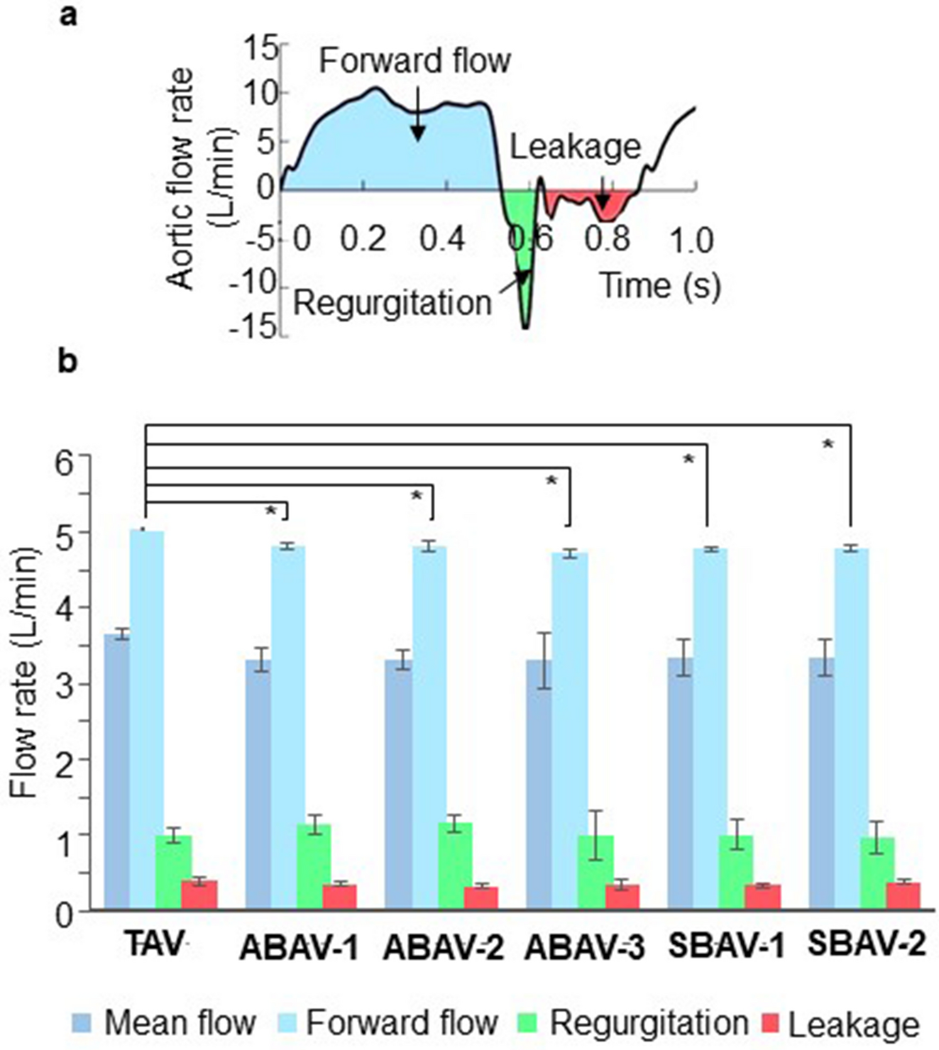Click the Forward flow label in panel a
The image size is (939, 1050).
tap(414, 61)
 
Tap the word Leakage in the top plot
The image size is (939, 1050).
tap(574, 146)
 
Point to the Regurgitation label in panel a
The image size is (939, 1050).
tap(392, 303)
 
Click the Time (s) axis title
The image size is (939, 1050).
tap(661, 285)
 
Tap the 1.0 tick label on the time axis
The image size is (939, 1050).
tap(691, 241)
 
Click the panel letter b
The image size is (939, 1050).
tap(67, 363)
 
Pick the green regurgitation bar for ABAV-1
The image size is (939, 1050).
tap(314, 867)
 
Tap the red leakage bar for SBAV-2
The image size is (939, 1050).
tap(903, 896)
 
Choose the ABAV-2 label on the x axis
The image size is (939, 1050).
tap(443, 948)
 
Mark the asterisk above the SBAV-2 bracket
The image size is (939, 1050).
tap(828, 445)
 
